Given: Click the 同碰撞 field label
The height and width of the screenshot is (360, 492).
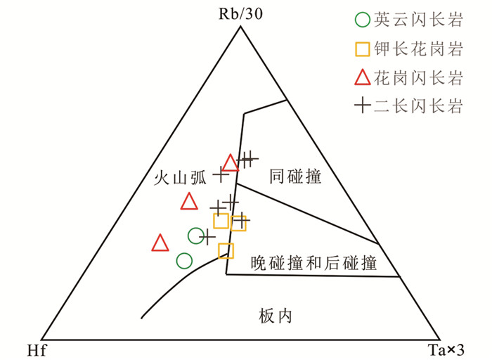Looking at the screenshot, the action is click(295, 178).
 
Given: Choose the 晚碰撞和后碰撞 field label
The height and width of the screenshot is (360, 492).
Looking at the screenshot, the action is click(313, 264).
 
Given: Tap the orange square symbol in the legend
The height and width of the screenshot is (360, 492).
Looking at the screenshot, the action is click(361, 49).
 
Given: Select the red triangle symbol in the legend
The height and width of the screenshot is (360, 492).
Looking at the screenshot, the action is click(361, 77).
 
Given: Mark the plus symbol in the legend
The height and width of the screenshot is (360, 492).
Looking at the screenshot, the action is click(361, 107).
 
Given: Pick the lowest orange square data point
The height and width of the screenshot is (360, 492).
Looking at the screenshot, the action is click(226, 250).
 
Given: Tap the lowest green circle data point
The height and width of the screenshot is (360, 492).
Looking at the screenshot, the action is click(183, 261).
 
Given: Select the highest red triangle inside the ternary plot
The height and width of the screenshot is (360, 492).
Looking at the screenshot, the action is click(230, 163).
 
